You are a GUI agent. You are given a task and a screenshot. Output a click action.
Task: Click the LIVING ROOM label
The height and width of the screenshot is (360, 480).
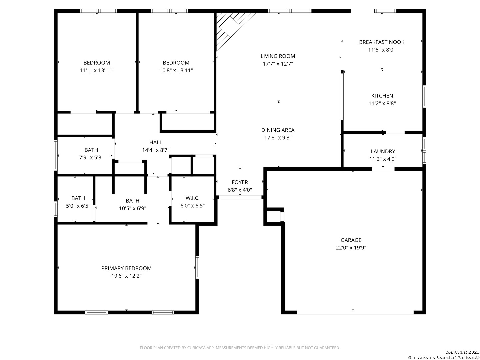278,56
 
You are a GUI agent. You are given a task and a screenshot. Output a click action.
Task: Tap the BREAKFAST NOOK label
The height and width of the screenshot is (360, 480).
382,42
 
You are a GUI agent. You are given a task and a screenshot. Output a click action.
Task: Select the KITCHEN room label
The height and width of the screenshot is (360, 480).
382,96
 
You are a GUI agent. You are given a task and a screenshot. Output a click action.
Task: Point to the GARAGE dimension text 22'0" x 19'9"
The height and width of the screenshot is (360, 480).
351,248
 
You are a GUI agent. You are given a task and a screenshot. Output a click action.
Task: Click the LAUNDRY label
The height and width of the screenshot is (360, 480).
383,151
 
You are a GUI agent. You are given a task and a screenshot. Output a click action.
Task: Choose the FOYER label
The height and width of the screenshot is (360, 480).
240,182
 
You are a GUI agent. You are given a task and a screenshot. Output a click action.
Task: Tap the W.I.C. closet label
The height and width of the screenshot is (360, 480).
192,198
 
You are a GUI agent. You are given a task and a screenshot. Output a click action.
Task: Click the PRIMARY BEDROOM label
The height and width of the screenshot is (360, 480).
126,268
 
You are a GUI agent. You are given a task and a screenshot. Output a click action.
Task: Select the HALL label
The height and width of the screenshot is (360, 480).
156,143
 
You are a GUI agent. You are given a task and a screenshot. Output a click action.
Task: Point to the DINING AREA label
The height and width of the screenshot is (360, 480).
278,130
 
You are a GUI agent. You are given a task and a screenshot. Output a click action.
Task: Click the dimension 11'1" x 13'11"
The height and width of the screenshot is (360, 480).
97,70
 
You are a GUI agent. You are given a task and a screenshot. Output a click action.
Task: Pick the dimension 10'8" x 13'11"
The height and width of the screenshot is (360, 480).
176,70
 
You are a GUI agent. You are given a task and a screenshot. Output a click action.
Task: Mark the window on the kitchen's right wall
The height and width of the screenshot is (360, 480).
424,96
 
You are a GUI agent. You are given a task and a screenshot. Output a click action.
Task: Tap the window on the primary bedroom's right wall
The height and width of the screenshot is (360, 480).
197,267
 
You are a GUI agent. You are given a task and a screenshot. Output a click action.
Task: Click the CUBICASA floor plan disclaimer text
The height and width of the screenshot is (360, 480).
240,348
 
